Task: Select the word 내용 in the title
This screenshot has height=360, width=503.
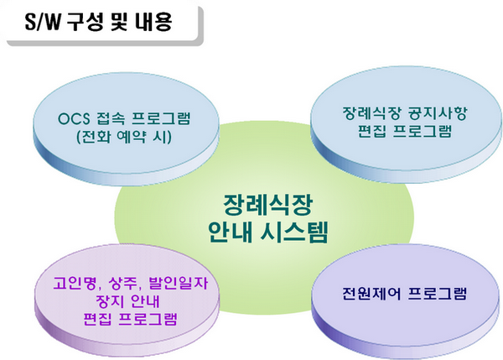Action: point(153,22)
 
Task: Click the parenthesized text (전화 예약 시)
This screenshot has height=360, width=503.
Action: point(124,137)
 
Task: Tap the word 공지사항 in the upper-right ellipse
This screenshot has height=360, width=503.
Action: point(438,113)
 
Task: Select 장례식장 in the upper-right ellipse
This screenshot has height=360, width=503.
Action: point(371,113)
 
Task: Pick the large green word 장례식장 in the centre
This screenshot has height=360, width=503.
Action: point(267,205)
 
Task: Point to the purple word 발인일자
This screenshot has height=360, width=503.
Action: point(179,284)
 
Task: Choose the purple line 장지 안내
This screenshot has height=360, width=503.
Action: point(127,301)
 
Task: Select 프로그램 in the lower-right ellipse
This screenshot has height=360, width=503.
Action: point(438,293)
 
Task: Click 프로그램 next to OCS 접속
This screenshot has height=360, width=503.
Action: point(161,118)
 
